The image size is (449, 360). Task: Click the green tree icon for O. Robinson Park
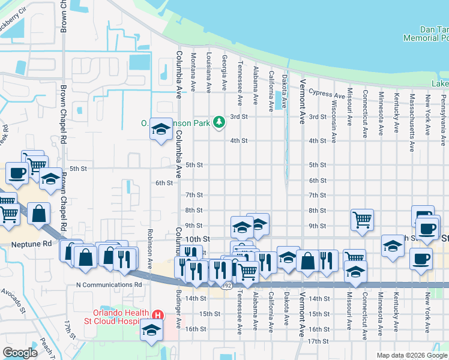[220, 122]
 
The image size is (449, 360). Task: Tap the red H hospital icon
[158, 314]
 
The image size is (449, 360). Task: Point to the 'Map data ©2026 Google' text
[412, 355]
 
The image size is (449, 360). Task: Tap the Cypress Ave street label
[325, 94]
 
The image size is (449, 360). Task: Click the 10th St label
[198, 239]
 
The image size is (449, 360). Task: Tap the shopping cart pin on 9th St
[363, 220]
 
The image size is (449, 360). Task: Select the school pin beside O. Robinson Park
[161, 128]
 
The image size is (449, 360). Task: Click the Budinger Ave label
[178, 307]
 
